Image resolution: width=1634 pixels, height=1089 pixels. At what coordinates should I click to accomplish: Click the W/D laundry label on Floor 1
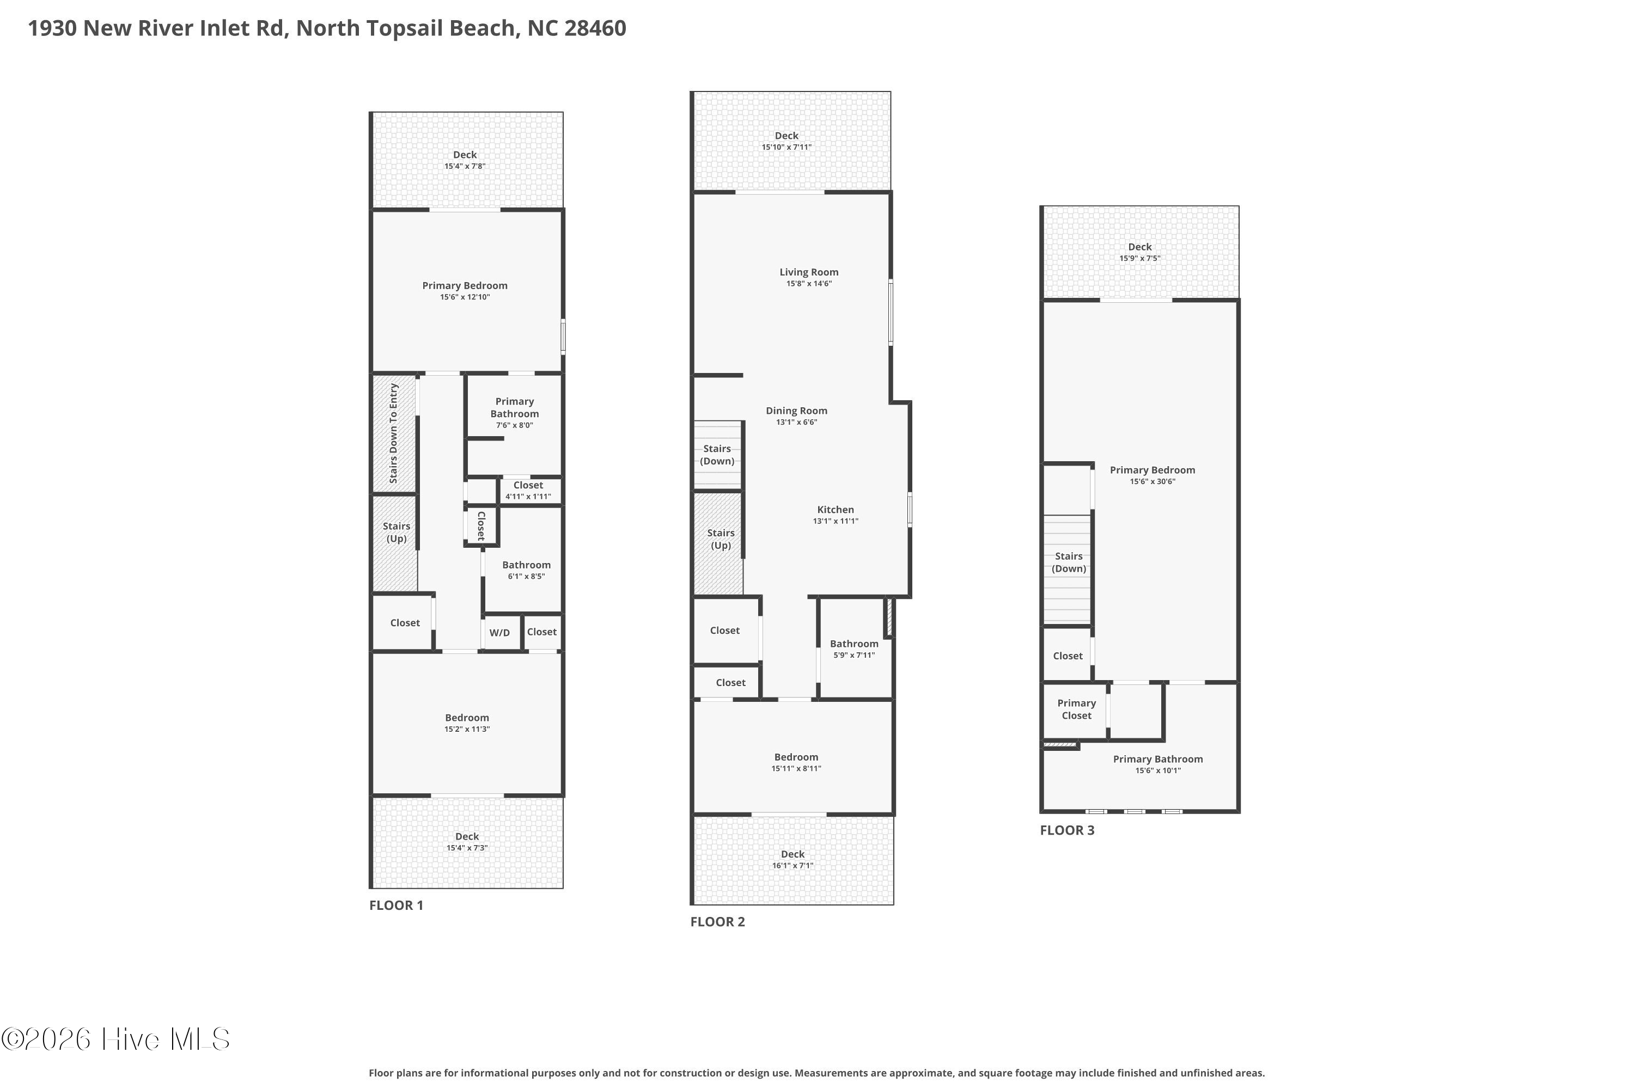[499, 633]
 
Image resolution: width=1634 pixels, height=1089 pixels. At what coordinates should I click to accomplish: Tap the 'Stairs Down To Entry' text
[393, 433]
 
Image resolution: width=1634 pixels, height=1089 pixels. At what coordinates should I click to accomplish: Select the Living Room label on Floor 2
[809, 272]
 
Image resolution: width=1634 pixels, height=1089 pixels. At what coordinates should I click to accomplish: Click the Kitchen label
[835, 510]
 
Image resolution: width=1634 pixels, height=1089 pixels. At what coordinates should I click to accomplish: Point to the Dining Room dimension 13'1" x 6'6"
[796, 423]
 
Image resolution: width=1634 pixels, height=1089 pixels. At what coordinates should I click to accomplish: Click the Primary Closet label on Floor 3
[1076, 709]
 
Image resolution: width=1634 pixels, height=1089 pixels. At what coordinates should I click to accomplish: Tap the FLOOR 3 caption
[1067, 830]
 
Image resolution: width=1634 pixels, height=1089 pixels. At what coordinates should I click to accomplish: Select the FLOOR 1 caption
[396, 905]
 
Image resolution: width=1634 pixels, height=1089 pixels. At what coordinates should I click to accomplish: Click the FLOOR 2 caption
[718, 922]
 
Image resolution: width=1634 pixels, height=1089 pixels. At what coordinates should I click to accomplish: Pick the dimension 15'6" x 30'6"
[1152, 481]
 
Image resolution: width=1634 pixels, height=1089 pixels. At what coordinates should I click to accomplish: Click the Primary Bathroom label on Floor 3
[1158, 759]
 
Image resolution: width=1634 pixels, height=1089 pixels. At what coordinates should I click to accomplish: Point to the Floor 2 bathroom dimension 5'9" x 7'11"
[854, 655]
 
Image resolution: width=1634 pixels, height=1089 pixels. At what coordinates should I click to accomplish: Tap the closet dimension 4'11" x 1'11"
[528, 497]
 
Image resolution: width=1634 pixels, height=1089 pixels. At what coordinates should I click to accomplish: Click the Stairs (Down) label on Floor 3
[1069, 562]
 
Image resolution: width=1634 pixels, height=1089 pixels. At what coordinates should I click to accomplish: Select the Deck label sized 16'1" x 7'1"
[792, 854]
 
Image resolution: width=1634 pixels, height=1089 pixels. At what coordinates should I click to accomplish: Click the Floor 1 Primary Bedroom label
[465, 285]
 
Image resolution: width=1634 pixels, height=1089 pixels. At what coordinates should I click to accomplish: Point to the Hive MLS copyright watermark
[115, 1039]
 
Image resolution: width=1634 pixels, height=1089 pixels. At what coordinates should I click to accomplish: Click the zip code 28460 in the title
[595, 28]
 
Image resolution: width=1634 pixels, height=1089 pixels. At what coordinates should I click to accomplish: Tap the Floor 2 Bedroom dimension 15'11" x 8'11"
[796, 769]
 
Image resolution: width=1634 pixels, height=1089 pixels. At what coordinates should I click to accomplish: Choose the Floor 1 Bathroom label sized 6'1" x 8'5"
[526, 565]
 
